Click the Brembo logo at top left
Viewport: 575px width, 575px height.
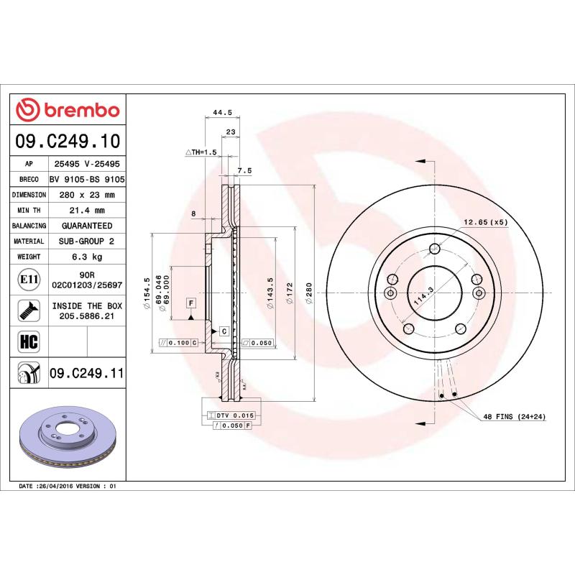[x=68, y=110]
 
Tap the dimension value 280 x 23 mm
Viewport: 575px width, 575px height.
[x=86, y=195]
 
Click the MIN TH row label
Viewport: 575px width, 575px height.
[x=29, y=211]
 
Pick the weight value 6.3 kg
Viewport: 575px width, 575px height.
[x=86, y=257]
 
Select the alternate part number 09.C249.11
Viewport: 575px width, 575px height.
[x=86, y=372]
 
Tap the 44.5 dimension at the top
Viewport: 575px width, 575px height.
[x=222, y=112]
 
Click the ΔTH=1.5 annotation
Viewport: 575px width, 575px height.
[x=201, y=152]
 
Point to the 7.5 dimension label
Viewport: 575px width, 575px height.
[x=244, y=171]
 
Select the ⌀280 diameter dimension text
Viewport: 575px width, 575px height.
[x=308, y=293]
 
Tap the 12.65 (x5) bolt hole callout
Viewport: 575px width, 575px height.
[x=485, y=221]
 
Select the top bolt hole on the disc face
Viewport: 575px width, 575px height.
[x=434, y=249]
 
